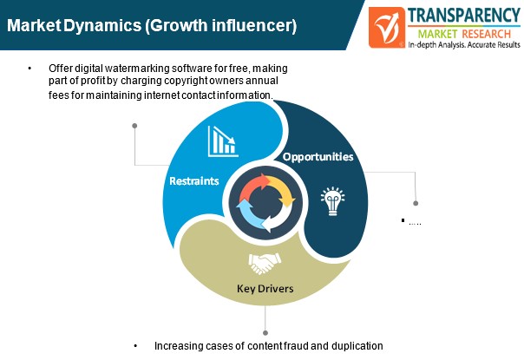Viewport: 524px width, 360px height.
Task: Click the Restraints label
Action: pyautogui.click(x=194, y=180)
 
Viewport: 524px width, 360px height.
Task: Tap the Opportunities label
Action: pyautogui.click(x=318, y=156)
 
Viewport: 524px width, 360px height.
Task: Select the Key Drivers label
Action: pyautogui.click(x=265, y=289)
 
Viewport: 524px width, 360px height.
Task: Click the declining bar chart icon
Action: pyautogui.click(x=223, y=141)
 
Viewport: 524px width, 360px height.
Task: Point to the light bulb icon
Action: pyautogui.click(x=332, y=201)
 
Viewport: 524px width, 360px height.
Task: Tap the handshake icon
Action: pyautogui.click(x=265, y=263)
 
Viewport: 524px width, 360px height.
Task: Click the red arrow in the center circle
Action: pyautogui.click(x=255, y=187)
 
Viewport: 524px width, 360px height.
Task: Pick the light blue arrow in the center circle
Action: pyautogui.click(x=249, y=214)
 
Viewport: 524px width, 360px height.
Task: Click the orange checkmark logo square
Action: pyautogui.click(x=387, y=28)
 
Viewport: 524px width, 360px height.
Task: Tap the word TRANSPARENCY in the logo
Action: pyautogui.click(x=464, y=16)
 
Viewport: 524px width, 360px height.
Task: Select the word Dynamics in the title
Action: pyautogui.click(x=102, y=26)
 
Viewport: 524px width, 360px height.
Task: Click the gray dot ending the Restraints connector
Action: pyautogui.click(x=134, y=126)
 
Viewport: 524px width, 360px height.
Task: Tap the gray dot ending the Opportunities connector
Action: pyautogui.click(x=416, y=203)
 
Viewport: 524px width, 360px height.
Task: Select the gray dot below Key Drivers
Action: pyautogui.click(x=265, y=333)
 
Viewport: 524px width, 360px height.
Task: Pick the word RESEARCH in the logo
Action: pyautogui.click(x=486, y=34)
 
